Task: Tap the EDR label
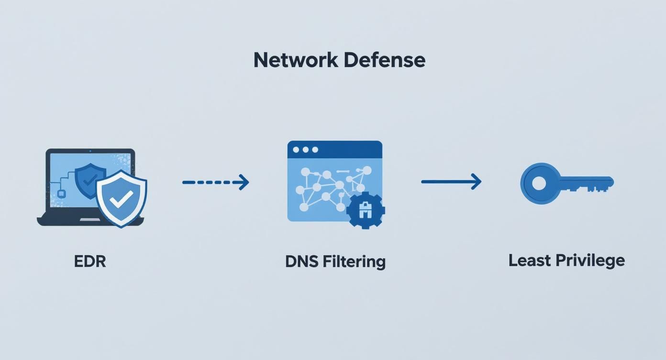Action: (90, 261)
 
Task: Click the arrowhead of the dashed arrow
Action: (244, 182)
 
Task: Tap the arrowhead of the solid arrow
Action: (476, 181)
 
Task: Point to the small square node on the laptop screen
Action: (61, 193)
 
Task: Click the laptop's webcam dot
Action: (90, 151)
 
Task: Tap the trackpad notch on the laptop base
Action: (90, 220)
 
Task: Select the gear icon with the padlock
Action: (366, 210)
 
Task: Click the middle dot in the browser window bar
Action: (305, 150)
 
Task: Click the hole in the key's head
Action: (539, 183)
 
